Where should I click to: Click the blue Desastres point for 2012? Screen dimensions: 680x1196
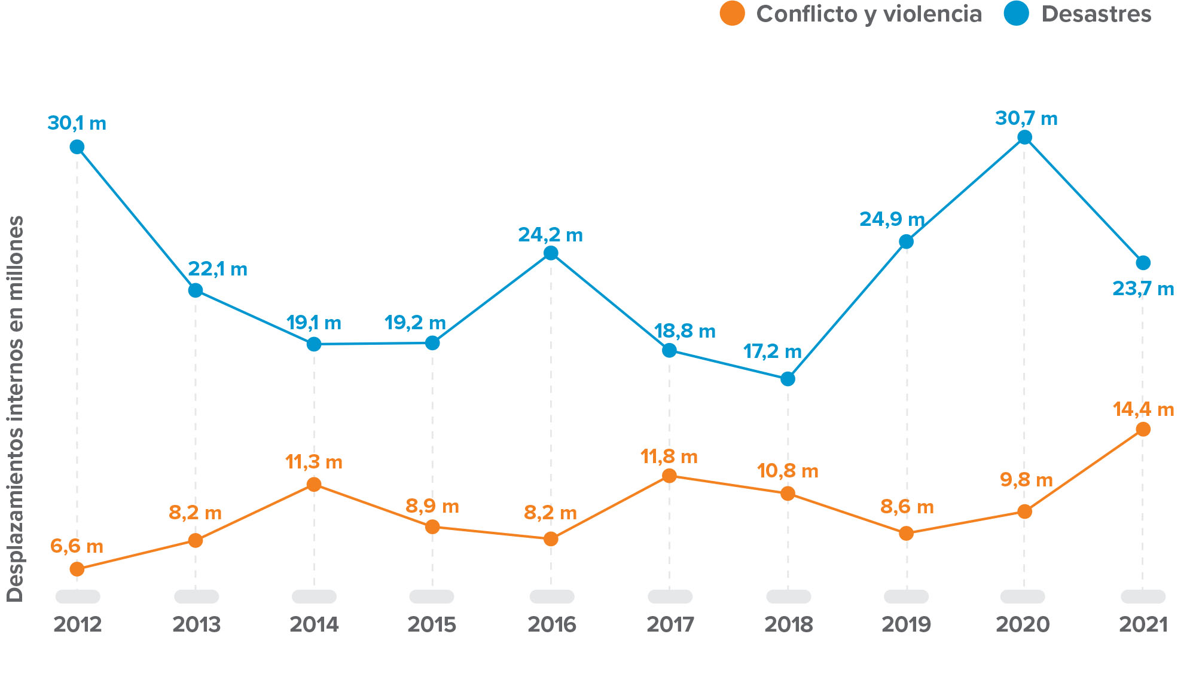(x=77, y=147)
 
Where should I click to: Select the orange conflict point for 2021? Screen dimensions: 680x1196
(x=1143, y=429)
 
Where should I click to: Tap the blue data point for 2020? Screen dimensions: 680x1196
(x=1024, y=137)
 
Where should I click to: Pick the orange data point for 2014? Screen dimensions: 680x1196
(x=314, y=484)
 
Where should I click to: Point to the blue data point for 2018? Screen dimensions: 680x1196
(x=788, y=379)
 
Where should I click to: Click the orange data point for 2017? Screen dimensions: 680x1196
(x=670, y=476)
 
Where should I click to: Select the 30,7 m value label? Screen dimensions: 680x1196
(x=1026, y=118)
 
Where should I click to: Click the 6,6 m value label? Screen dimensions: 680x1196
(x=77, y=546)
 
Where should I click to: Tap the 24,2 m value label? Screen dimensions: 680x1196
(x=550, y=235)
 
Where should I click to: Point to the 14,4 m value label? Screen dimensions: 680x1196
(x=1143, y=409)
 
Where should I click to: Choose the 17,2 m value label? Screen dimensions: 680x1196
(x=772, y=351)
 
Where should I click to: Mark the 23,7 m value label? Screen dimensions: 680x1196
(x=1143, y=289)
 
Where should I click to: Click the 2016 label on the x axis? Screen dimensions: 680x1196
(x=551, y=625)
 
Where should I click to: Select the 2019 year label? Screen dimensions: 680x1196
(x=906, y=625)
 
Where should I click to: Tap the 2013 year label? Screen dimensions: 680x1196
(x=196, y=625)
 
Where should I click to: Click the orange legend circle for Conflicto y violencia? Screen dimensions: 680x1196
(x=732, y=14)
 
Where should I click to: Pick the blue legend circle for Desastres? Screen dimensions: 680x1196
(x=1016, y=14)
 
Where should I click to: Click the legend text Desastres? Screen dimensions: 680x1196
(x=1096, y=14)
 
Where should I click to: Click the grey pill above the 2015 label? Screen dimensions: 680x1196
(x=431, y=596)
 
